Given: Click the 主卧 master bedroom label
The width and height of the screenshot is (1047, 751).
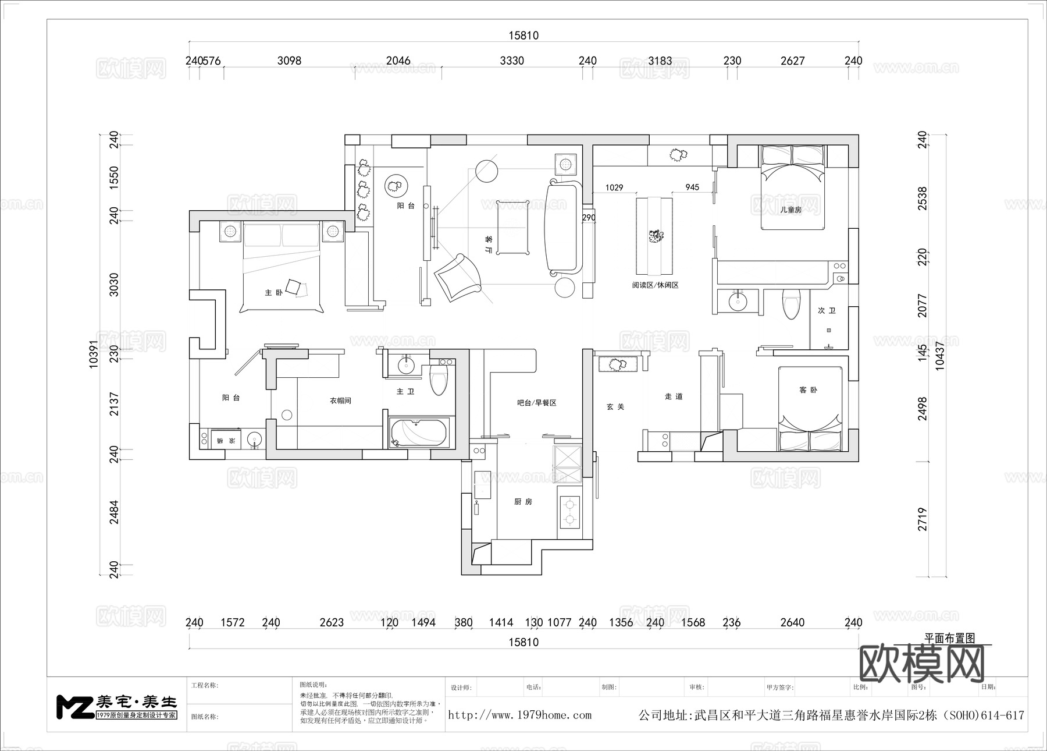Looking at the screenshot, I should coord(273,292).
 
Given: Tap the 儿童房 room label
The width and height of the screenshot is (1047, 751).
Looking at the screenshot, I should coord(790,210).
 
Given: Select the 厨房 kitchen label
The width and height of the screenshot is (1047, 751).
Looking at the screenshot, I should coord(523,501).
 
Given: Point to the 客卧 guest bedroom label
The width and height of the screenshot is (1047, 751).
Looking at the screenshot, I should coord(808,389).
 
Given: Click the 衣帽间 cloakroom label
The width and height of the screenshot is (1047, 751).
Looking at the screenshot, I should coord(340,401).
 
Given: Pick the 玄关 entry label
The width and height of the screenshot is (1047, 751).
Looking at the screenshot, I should coord(615,406).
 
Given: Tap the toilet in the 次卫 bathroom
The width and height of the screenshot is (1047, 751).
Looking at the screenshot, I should coord(791,304).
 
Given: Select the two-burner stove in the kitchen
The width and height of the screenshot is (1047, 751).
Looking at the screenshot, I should coord(569,511).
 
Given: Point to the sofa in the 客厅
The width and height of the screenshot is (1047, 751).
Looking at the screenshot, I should coord(562,227).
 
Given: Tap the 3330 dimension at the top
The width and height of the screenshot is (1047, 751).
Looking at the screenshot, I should coord(512,61).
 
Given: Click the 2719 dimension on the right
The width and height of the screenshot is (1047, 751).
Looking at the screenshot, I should coord(923,519).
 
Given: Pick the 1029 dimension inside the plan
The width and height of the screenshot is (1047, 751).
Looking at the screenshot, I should coord(614,187).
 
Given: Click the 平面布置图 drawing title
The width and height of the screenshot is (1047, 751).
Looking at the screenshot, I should coord(949,638).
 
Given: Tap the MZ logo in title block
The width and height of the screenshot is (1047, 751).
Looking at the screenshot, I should coord(74,706).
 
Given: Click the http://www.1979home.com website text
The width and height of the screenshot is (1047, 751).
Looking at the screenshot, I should coord(519,715).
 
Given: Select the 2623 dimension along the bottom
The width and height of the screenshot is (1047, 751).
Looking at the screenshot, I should coord(332,622).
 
